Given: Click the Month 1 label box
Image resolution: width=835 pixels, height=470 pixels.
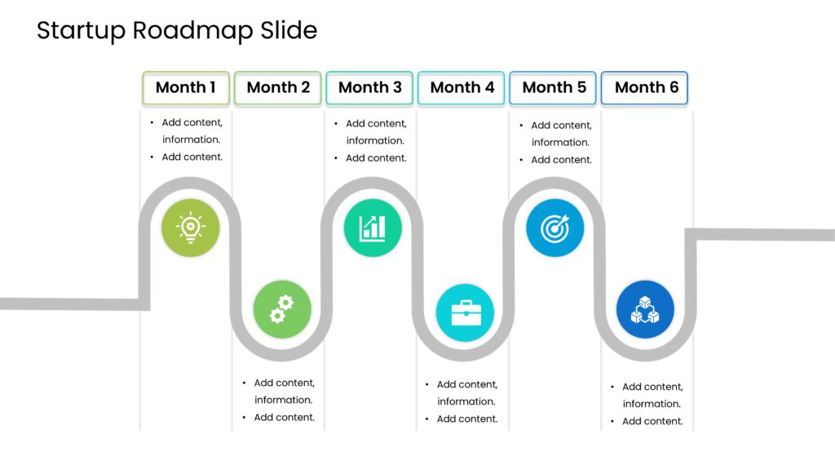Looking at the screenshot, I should (186, 87).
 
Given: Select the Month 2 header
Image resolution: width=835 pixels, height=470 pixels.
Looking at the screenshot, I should (278, 87).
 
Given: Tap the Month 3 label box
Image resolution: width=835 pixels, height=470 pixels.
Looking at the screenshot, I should (370, 87).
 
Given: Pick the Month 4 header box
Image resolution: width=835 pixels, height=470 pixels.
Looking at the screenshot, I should (462, 87).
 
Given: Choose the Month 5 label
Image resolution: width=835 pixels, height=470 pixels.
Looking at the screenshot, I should (554, 87).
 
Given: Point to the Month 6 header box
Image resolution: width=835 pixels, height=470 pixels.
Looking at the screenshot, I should (646, 87).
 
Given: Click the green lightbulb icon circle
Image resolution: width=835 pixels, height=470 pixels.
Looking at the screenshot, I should (190, 228).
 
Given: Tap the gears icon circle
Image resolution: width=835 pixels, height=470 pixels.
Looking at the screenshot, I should (282, 309).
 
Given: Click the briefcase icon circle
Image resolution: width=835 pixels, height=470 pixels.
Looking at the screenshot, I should (465, 313).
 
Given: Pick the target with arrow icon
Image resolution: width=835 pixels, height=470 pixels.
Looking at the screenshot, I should (555, 228).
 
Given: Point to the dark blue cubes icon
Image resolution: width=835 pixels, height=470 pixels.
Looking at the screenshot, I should (645, 309).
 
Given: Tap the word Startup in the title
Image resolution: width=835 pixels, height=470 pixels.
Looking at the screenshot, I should (81, 31).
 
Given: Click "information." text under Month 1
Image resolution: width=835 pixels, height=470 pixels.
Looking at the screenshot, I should (191, 140).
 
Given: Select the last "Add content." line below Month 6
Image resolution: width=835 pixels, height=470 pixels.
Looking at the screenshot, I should (652, 421).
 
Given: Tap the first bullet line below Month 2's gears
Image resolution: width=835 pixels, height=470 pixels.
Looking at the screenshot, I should (284, 383).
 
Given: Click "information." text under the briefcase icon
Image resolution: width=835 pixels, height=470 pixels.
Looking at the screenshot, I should (466, 401).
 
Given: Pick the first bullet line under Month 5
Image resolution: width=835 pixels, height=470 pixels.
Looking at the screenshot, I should (561, 126).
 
